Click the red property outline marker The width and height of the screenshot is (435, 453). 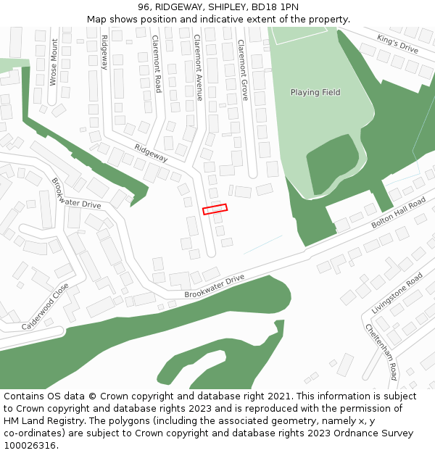pyautogui.click(x=215, y=209)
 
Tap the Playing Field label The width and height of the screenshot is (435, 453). pyautogui.click(x=315, y=93)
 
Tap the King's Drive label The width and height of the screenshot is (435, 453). pyautogui.click(x=398, y=43)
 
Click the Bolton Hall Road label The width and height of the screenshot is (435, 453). pyautogui.click(x=398, y=212)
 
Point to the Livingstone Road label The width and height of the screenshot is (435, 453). pyautogui.click(x=397, y=294)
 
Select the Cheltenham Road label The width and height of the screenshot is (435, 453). pyautogui.click(x=381, y=352)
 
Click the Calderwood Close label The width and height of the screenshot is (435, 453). pyautogui.click(x=45, y=307)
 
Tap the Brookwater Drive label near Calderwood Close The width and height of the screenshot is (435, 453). pyautogui.click(x=76, y=194)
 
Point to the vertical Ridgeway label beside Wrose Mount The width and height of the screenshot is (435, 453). pyautogui.click(x=104, y=52)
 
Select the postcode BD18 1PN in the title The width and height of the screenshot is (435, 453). pyautogui.click(x=274, y=7)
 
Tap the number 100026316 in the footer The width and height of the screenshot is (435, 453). pyautogui.click(x=30, y=446)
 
